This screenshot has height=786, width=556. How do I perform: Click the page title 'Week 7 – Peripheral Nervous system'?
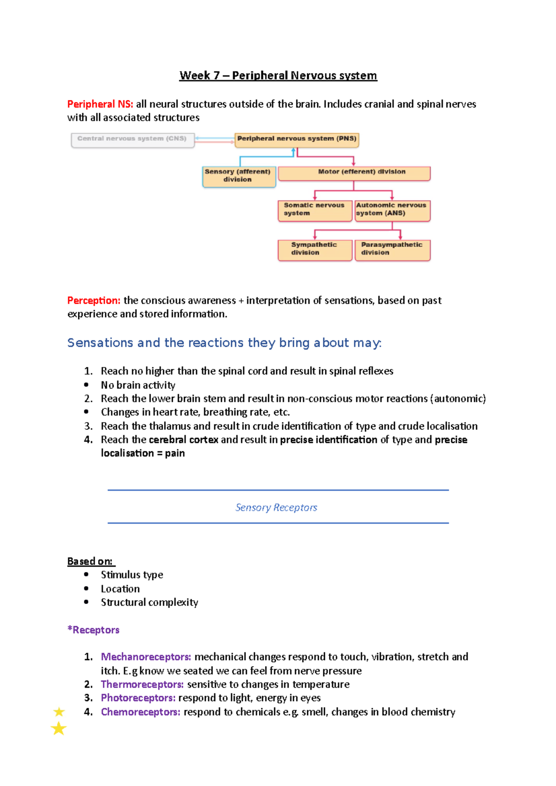tap(278, 75)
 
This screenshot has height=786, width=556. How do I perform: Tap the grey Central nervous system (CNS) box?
tap(133, 139)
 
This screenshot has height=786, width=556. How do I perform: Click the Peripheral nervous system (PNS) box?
tap(297, 139)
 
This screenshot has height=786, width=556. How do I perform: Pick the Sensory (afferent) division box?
tap(239, 176)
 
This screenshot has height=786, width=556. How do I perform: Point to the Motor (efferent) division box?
tap(354, 173)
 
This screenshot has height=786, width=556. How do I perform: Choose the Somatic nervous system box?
tap(315, 210)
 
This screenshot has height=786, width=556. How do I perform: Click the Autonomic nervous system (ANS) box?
tap(392, 210)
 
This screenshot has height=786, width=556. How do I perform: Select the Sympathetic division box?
tap(315, 250)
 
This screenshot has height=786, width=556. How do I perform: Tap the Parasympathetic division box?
tap(392, 250)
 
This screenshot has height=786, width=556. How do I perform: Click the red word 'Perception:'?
tap(94, 300)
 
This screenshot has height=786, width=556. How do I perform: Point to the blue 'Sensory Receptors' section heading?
tap(276, 508)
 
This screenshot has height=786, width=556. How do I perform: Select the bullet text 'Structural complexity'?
tap(149, 602)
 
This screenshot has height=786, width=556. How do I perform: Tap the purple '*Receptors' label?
tap(93, 630)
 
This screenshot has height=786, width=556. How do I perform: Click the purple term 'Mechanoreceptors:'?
tap(146, 657)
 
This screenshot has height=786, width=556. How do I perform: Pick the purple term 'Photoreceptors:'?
tap(138, 698)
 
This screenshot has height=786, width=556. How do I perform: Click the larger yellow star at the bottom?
tap(58, 729)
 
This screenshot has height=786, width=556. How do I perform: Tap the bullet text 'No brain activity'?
tap(138, 385)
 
